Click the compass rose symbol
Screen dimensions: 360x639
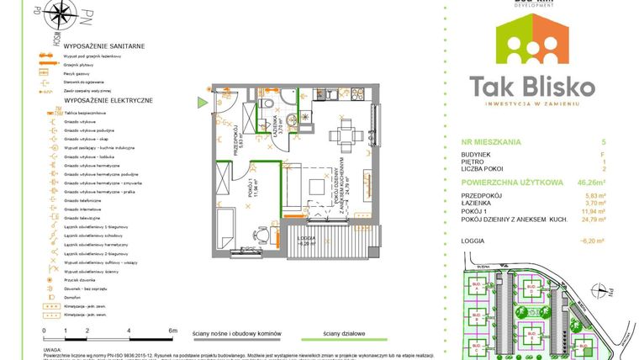point(66,14)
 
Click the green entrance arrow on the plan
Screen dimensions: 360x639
point(201,103)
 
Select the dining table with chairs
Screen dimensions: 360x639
point(341,132)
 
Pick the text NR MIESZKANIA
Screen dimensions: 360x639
point(492,143)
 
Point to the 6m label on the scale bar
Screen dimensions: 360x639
point(172,331)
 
